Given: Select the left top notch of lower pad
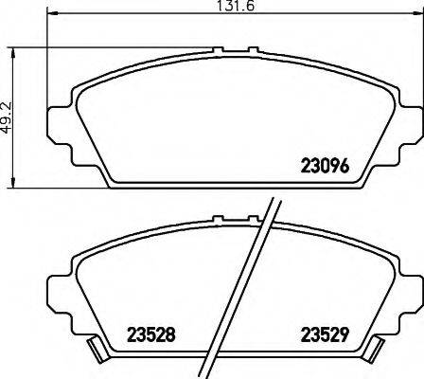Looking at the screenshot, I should (220, 219).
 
